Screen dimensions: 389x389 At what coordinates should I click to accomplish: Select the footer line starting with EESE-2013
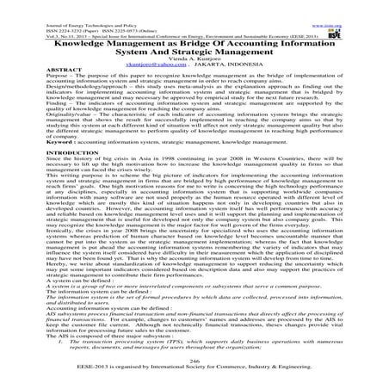[194, 373]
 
